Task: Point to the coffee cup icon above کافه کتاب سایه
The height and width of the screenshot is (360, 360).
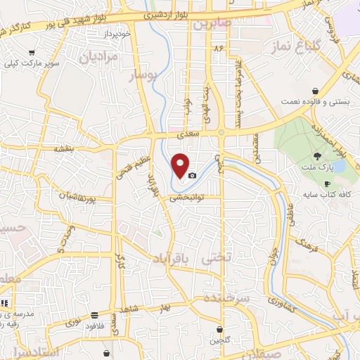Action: coord(327,184)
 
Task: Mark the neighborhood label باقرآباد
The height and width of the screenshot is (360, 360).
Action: coord(174,259)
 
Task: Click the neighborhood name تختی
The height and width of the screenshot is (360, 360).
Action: coord(216,259)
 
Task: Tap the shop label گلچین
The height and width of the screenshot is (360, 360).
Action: coord(219,341)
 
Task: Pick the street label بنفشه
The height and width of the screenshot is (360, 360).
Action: coord(63,149)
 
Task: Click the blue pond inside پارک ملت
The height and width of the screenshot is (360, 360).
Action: coord(337,167)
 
